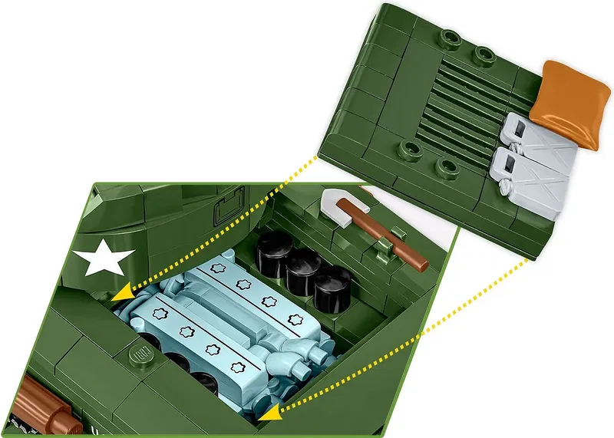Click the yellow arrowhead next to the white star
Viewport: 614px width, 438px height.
click(x=119, y=295)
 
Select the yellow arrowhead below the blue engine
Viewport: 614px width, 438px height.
click(x=269, y=414)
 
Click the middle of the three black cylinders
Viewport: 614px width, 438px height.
click(x=304, y=266)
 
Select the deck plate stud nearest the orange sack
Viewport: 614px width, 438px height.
click(x=482, y=55)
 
